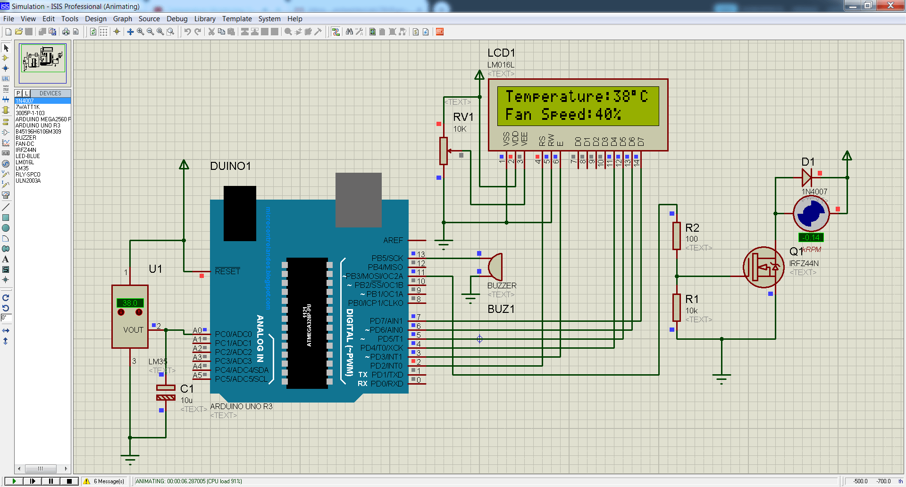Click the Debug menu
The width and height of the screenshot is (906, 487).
click(177, 19)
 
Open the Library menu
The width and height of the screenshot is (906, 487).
click(205, 19)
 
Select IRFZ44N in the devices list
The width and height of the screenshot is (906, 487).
click(26, 150)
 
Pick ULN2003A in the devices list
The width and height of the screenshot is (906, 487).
click(28, 181)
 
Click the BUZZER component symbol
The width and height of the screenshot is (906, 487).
click(495, 267)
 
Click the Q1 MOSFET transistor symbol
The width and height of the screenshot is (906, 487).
click(763, 268)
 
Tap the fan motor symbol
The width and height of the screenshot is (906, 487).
click(811, 214)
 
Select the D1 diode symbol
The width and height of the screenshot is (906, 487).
click(807, 178)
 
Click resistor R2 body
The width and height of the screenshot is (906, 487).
click(677, 235)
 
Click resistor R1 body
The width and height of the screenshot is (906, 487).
click(677, 307)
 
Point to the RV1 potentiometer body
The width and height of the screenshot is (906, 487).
click(443, 151)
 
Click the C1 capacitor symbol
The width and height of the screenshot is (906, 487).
click(166, 393)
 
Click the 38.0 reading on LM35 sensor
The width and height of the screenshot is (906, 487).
click(130, 303)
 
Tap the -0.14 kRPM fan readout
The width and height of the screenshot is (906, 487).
click(811, 238)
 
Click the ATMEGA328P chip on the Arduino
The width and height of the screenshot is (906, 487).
click(307, 323)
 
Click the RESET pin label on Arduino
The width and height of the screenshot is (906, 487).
click(227, 271)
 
